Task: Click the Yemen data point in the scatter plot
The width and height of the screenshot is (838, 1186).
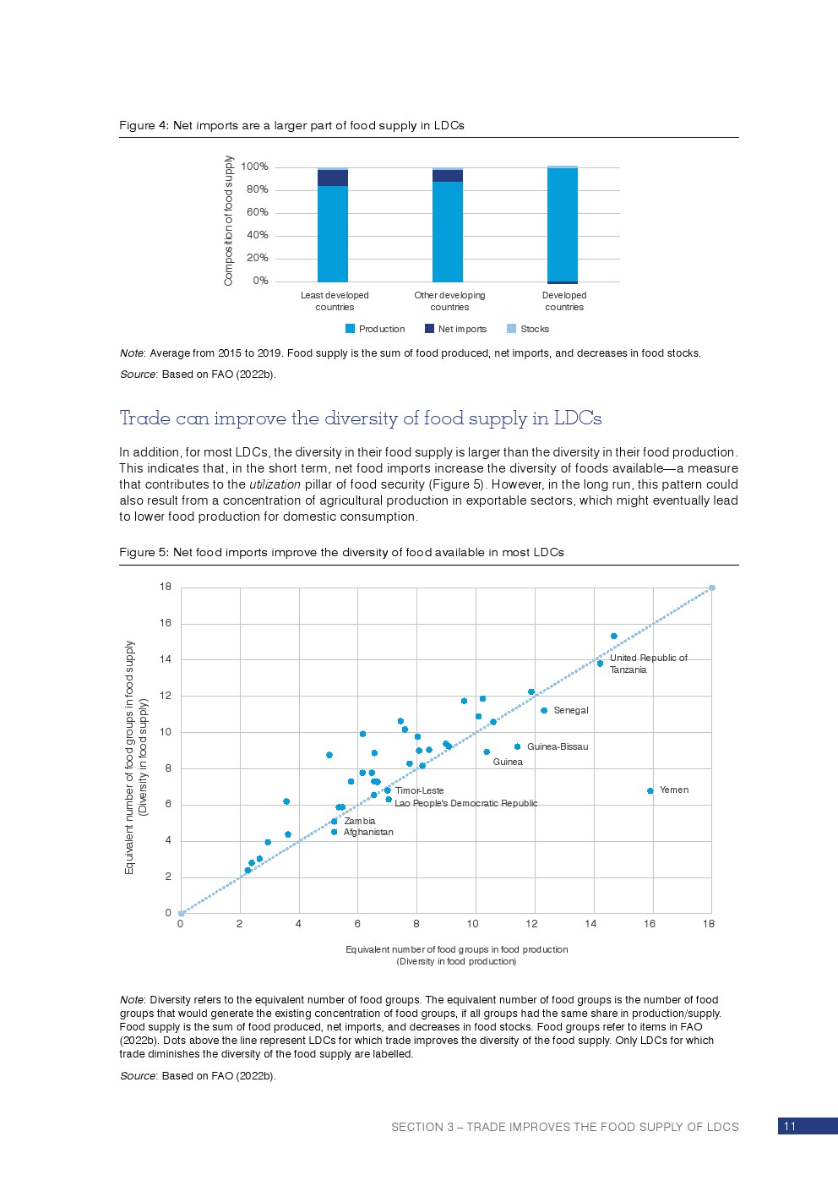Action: pos(650,791)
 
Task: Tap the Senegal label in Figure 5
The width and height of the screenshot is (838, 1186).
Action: pos(570,711)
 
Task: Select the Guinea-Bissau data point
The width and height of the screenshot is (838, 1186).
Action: pos(517,747)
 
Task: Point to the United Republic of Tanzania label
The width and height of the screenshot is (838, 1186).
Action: pos(648,664)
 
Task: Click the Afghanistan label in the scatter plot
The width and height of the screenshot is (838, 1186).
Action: pos(368,833)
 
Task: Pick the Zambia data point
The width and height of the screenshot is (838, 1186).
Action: pos(334,821)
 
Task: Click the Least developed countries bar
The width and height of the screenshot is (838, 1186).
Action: pos(333,228)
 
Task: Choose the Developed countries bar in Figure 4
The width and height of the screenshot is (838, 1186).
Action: pos(563,225)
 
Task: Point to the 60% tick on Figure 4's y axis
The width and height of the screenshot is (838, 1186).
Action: pos(258,212)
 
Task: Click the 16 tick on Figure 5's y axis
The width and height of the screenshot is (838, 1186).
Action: pos(166,623)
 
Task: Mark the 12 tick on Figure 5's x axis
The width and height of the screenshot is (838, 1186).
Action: pos(531,924)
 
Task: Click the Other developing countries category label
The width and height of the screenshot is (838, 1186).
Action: pos(449,301)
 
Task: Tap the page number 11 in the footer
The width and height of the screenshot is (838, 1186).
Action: pos(790,1126)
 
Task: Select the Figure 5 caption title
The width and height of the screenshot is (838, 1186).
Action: pos(341,553)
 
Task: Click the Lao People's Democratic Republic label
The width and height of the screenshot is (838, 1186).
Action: pos(465,803)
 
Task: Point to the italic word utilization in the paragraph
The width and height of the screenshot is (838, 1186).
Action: pos(275,485)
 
